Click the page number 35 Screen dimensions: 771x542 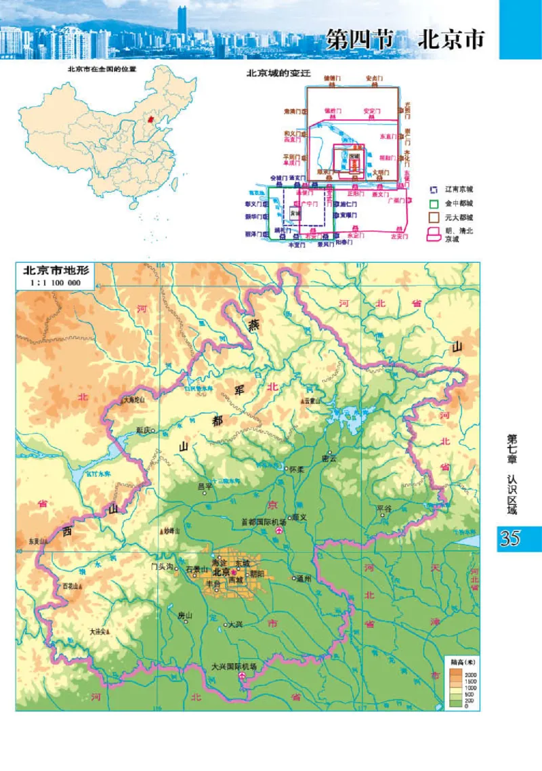pos(509,539)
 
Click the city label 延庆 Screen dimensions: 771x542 pos(144,430)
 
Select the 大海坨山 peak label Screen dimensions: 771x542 pos(135,401)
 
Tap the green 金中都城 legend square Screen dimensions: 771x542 pos(434,203)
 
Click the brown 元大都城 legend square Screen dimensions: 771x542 pos(434,217)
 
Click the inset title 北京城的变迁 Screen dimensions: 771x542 pos(272,73)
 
